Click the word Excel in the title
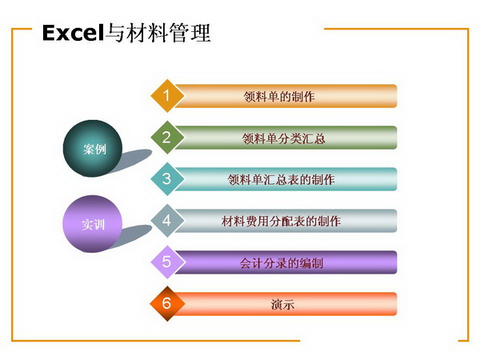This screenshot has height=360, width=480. [73, 33]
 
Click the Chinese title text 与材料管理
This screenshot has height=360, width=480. [158, 33]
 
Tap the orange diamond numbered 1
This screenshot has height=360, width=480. [167, 96]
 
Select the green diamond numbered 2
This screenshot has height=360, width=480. [167, 138]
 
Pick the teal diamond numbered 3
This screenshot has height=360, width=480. [167, 178]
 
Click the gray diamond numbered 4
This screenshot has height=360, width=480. [167, 221]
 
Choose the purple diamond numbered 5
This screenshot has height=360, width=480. [168, 262]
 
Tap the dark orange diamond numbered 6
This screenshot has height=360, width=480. [167, 304]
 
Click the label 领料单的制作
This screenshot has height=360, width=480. [279, 97]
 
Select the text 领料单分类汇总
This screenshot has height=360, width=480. [283, 138]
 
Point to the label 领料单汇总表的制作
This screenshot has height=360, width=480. [281, 180]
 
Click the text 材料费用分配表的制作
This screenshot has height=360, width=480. [281, 221]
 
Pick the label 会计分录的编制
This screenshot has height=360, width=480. [281, 263]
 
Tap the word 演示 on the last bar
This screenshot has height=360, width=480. [282, 305]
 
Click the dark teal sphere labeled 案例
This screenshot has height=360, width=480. [93, 149]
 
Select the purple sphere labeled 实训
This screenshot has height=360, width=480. [93, 224]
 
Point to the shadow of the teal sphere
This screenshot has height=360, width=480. [133, 161]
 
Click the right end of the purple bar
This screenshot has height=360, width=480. [397, 262]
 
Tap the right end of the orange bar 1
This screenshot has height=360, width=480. [397, 96]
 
